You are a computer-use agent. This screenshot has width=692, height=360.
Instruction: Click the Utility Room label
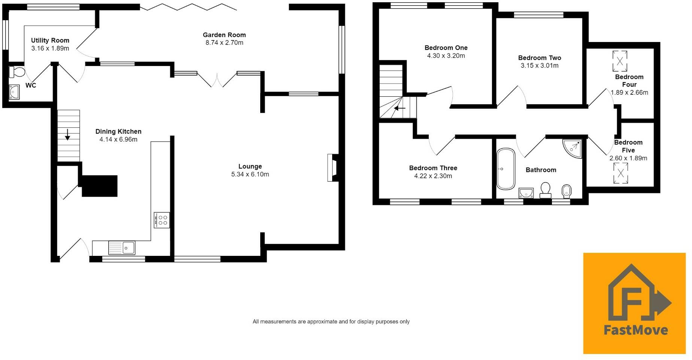[50, 40]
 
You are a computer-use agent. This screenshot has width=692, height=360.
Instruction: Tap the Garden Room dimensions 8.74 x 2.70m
[224, 43]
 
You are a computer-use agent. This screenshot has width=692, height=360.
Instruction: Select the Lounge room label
[250, 166]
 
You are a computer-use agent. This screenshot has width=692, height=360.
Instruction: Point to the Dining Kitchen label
[118, 131]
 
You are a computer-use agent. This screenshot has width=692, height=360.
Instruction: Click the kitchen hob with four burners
[162, 220]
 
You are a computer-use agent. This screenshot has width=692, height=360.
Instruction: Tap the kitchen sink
[122, 248]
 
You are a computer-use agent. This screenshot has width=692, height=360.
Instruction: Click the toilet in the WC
[16, 72]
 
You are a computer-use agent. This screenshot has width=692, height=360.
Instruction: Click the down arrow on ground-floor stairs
[67, 134]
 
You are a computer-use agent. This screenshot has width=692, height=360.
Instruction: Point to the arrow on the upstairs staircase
[400, 108]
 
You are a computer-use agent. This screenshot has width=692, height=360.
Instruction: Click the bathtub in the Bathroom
[506, 169]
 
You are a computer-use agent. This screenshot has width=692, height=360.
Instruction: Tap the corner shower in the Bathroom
[573, 149]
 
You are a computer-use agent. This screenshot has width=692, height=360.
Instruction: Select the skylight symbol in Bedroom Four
[620, 61]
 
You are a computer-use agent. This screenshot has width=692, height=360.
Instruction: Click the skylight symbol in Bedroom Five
[620, 173]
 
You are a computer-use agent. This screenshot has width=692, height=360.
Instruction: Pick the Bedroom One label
[446, 48]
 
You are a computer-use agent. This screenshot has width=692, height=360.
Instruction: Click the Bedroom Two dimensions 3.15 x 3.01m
[540, 66]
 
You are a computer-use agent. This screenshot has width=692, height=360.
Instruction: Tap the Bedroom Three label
[433, 168]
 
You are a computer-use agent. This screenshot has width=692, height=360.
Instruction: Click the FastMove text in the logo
[636, 330]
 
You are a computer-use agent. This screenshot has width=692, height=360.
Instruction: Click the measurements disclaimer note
[331, 321]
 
